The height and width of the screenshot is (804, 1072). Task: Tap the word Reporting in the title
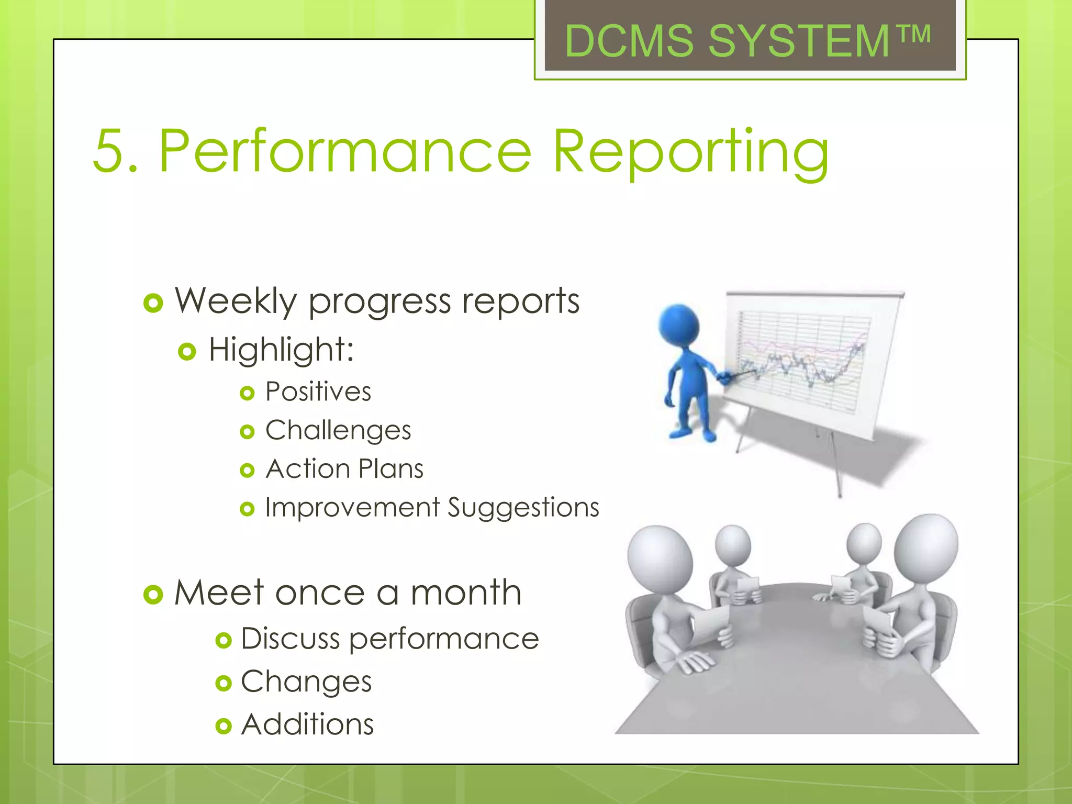point(691,153)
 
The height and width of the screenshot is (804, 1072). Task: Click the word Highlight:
point(281,350)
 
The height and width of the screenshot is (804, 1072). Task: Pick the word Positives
point(318,392)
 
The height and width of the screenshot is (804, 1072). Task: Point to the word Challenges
point(338,431)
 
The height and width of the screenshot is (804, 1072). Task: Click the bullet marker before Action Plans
point(247,470)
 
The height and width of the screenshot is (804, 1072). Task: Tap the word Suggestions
point(523,508)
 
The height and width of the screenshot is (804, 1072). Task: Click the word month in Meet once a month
point(466,593)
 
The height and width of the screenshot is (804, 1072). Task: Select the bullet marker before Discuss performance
point(224,640)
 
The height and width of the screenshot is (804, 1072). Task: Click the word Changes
point(306,682)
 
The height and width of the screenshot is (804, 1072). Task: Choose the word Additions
point(307,725)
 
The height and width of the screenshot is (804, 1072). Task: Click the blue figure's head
point(679,325)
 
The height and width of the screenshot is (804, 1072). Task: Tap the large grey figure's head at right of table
point(926,547)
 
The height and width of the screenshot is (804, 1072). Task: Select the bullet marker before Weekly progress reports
point(153,303)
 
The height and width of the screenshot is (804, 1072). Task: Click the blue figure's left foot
point(681,433)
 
